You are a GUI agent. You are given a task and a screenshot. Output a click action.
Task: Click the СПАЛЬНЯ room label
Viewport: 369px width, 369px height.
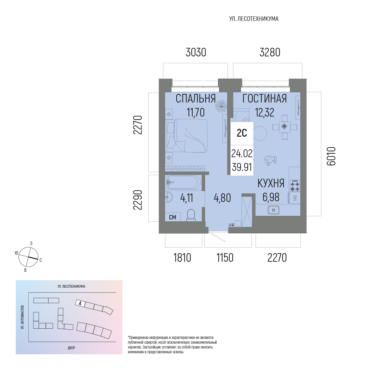(195, 98)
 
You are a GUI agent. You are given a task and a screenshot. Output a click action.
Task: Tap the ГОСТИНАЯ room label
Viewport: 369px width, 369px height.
(264, 98)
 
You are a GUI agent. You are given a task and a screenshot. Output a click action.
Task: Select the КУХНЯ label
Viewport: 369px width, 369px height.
(271, 183)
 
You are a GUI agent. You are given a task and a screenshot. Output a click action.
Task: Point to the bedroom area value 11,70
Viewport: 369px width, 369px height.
(195, 112)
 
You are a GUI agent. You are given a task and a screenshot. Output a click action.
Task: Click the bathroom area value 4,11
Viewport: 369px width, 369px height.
(187, 198)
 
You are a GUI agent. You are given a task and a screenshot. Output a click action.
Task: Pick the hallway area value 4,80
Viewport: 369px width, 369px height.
(222, 198)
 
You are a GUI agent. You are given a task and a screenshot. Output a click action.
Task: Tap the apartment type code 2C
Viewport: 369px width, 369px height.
(242, 133)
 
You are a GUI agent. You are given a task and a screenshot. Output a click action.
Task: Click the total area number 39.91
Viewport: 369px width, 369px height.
(242, 167)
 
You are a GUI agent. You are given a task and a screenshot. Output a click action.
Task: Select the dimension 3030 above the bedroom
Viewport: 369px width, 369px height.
(196, 52)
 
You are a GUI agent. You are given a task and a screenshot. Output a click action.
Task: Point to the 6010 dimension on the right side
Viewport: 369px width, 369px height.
(331, 156)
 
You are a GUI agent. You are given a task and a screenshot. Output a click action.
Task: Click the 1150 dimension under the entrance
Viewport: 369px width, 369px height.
(225, 258)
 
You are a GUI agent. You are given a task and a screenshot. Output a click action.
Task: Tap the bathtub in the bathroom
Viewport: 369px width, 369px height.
(184, 182)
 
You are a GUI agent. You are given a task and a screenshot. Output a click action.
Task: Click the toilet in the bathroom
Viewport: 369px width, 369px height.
(191, 215)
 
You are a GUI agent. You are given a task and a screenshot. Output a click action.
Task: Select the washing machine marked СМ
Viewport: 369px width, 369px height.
(173, 217)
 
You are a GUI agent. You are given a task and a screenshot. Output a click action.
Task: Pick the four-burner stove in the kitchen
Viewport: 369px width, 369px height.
(295, 186)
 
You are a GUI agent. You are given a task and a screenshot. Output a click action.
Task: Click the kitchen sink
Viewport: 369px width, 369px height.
(273, 210)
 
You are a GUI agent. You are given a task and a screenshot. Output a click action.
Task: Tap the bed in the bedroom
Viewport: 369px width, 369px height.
(187, 136)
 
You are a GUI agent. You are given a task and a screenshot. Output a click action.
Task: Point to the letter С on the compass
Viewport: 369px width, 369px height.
(40, 260)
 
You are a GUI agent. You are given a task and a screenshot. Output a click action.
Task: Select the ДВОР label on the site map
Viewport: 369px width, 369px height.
(71, 348)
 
